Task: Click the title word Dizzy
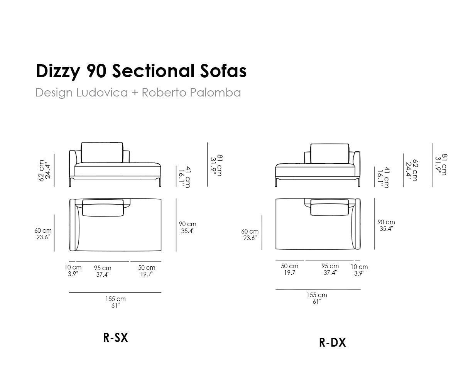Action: click(58, 71)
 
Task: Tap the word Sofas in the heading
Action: click(223, 71)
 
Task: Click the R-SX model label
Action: click(115, 338)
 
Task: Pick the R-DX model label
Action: click(332, 342)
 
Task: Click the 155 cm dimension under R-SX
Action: click(115, 299)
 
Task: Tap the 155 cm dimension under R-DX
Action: click(317, 295)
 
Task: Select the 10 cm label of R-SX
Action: click(73, 267)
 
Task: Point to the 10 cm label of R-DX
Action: click(359, 267)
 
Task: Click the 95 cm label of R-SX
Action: click(103, 268)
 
